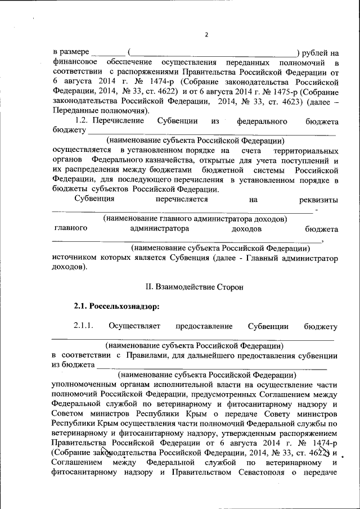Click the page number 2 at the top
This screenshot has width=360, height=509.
click(206, 35)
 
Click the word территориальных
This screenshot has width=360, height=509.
click(305, 151)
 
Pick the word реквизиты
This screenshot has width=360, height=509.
click(319, 199)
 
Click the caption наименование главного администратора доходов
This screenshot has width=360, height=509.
click(195, 218)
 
